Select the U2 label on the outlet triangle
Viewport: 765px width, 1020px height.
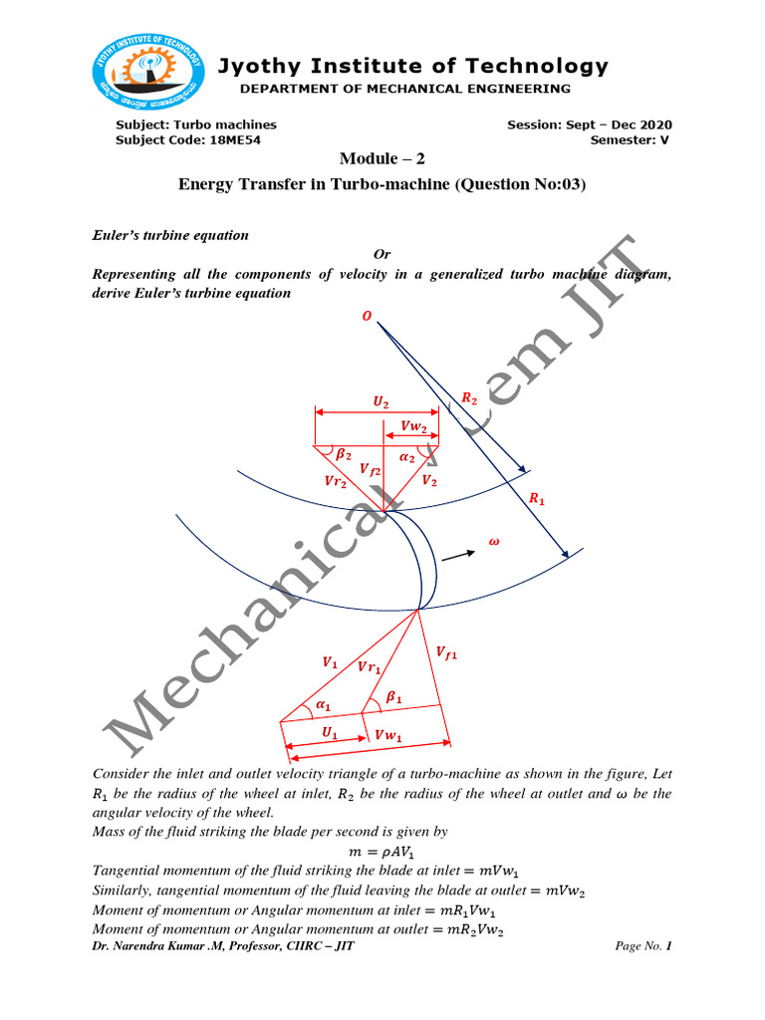pos(381,401)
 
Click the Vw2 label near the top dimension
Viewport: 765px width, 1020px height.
pos(413,426)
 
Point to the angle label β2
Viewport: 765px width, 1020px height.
pos(343,454)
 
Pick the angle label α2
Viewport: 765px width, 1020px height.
pos(407,456)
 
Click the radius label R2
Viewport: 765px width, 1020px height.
pos(469,397)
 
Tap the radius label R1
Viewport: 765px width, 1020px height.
pos(537,498)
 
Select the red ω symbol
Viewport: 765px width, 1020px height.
pos(493,543)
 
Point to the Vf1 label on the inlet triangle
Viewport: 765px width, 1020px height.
pos(447,652)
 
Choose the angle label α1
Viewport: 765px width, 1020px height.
pos(322,705)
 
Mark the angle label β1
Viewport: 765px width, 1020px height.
pos(393,698)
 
